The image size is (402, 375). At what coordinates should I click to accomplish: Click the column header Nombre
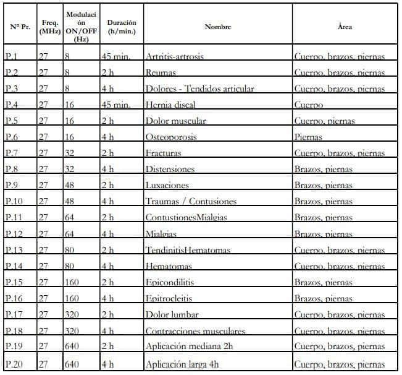(x=217, y=27)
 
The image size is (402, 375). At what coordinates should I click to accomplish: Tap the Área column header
(x=345, y=27)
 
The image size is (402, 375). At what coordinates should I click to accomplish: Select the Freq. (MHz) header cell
(x=49, y=27)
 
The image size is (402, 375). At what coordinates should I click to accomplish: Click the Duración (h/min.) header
(x=121, y=27)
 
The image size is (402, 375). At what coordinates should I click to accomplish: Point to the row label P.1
(x=12, y=56)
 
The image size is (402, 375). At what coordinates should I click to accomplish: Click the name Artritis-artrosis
(x=175, y=56)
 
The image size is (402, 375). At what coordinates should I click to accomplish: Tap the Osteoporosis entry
(x=171, y=137)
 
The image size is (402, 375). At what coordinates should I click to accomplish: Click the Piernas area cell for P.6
(x=309, y=137)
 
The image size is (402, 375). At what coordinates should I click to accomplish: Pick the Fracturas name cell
(x=163, y=153)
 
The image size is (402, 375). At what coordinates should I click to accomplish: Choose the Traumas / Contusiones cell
(x=191, y=201)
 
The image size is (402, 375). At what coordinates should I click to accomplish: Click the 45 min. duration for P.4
(x=115, y=105)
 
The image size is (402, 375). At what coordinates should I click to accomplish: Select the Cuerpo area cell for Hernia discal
(x=309, y=105)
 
